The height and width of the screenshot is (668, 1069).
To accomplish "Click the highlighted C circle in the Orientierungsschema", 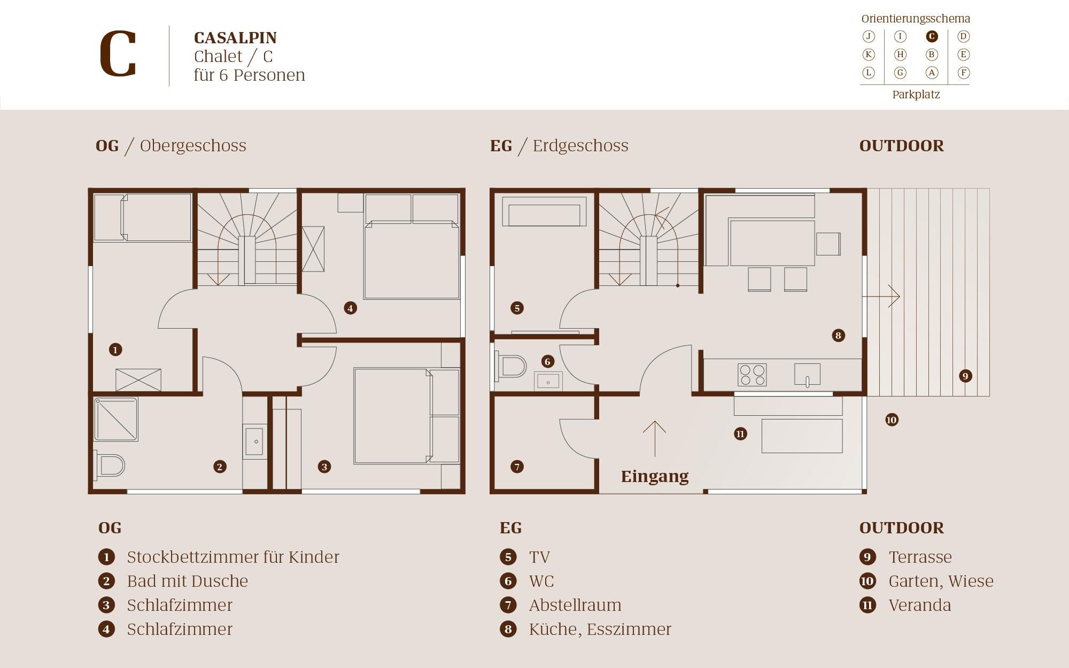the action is (932, 36).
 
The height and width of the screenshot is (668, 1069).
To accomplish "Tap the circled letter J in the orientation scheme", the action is (869, 36).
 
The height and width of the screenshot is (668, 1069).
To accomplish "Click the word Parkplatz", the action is (916, 95).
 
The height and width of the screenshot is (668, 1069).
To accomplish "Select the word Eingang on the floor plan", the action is (655, 476).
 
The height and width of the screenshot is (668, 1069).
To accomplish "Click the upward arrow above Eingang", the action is (654, 439).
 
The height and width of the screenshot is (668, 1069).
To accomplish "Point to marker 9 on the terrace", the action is (965, 376).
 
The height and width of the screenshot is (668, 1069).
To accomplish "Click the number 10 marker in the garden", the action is (892, 420).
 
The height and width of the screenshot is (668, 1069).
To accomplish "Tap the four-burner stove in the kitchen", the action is (752, 375).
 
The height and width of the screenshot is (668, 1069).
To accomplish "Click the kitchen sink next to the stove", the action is (807, 374).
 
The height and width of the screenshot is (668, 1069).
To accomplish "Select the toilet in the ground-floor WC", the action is (512, 367).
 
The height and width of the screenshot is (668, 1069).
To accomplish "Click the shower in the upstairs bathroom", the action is (116, 419).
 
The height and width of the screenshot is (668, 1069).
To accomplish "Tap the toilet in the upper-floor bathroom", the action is (110, 465).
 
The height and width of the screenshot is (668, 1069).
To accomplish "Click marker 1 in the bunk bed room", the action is (115, 349).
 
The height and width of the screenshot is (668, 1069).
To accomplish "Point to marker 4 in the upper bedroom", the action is (350, 308).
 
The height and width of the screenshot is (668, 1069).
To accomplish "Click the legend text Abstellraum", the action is (575, 605).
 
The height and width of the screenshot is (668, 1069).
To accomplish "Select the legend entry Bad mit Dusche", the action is (188, 581).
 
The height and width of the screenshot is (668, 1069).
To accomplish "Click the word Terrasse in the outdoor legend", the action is (920, 557).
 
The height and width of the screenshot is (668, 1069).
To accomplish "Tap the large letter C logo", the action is (118, 54).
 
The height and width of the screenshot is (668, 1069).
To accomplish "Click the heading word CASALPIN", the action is (235, 38).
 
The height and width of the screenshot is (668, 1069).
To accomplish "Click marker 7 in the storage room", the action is (517, 467).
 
